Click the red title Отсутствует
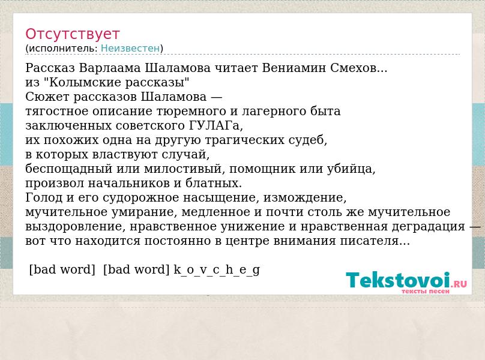(73, 34)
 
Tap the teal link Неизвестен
(130, 48)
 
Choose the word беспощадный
(68, 169)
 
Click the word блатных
(214, 183)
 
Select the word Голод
(44, 197)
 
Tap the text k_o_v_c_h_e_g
(217, 269)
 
